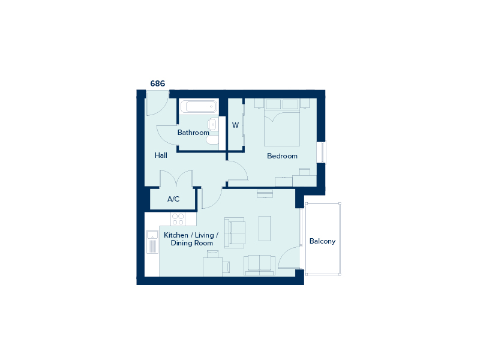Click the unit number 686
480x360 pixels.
158,83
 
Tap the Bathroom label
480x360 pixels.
193,133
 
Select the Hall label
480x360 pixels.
161,155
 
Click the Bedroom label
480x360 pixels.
282,156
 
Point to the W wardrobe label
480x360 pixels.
235,125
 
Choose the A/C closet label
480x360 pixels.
173,199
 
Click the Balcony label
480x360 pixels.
322,241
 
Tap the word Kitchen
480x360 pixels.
176,235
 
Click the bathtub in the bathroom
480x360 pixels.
199,107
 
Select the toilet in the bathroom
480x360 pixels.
212,140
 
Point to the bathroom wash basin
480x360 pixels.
212,125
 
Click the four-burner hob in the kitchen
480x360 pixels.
178,219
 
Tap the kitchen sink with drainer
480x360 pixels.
152,242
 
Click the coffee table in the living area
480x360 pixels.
265,229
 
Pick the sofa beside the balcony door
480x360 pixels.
260,265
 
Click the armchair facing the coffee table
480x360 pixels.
235,233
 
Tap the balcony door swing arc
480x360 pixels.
289,257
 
